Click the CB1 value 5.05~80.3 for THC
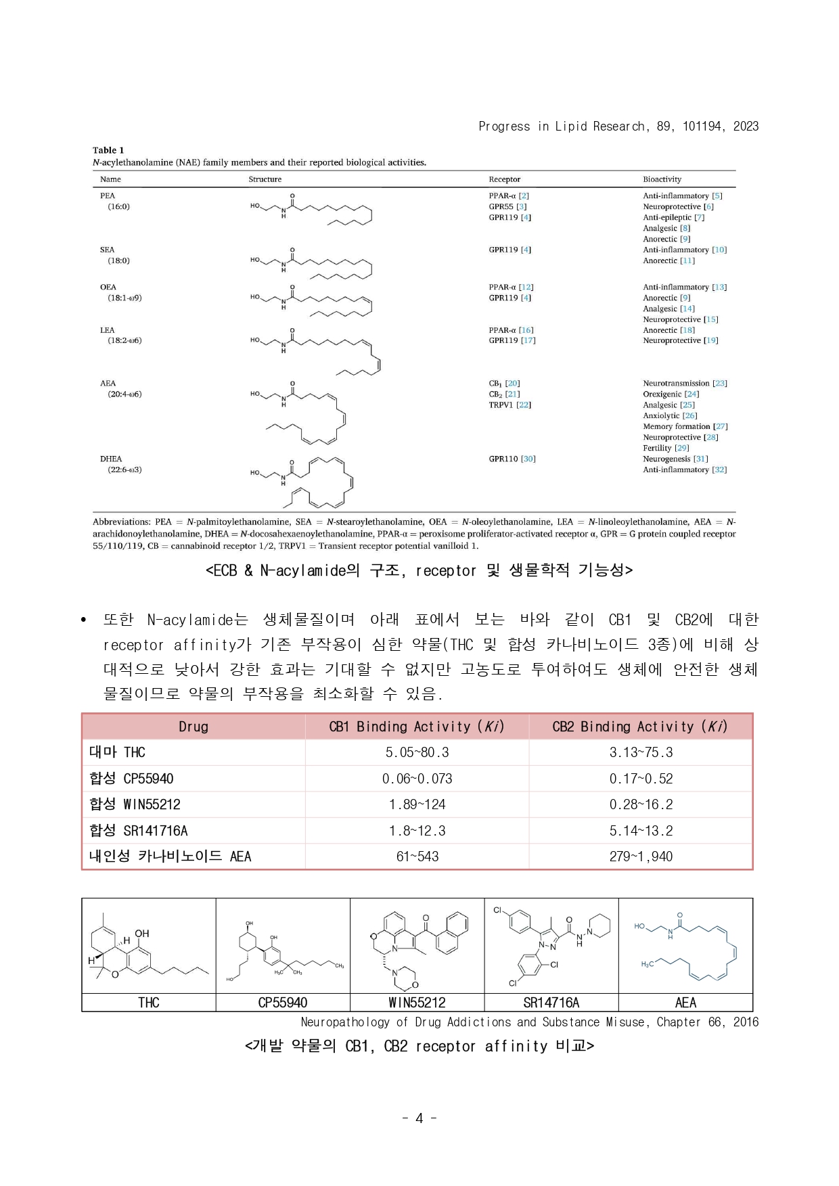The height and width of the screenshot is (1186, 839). click(x=417, y=752)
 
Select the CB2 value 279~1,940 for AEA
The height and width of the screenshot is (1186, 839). click(x=641, y=857)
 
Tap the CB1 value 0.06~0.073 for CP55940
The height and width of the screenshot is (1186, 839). click(x=417, y=779)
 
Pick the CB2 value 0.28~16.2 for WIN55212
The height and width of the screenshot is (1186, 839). click(x=641, y=804)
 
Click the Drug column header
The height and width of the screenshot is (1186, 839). click(x=194, y=727)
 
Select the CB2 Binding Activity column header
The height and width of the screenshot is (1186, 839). click(x=639, y=727)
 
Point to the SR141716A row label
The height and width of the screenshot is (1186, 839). click(x=139, y=831)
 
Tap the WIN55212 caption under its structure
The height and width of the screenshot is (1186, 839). click(x=417, y=1003)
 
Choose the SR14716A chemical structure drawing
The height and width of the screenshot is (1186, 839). click(x=551, y=946)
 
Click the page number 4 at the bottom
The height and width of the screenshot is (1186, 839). click(x=419, y=1118)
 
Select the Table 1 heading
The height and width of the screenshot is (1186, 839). click(x=108, y=150)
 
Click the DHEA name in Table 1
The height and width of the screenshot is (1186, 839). click(x=111, y=459)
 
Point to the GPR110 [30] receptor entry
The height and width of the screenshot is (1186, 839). click(x=512, y=459)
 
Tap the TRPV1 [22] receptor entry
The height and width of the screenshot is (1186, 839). click(x=510, y=405)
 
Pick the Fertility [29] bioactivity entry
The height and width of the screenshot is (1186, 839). click(x=666, y=448)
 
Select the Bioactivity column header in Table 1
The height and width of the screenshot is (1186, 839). click(x=662, y=179)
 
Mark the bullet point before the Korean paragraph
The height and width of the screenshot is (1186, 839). click(x=84, y=620)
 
